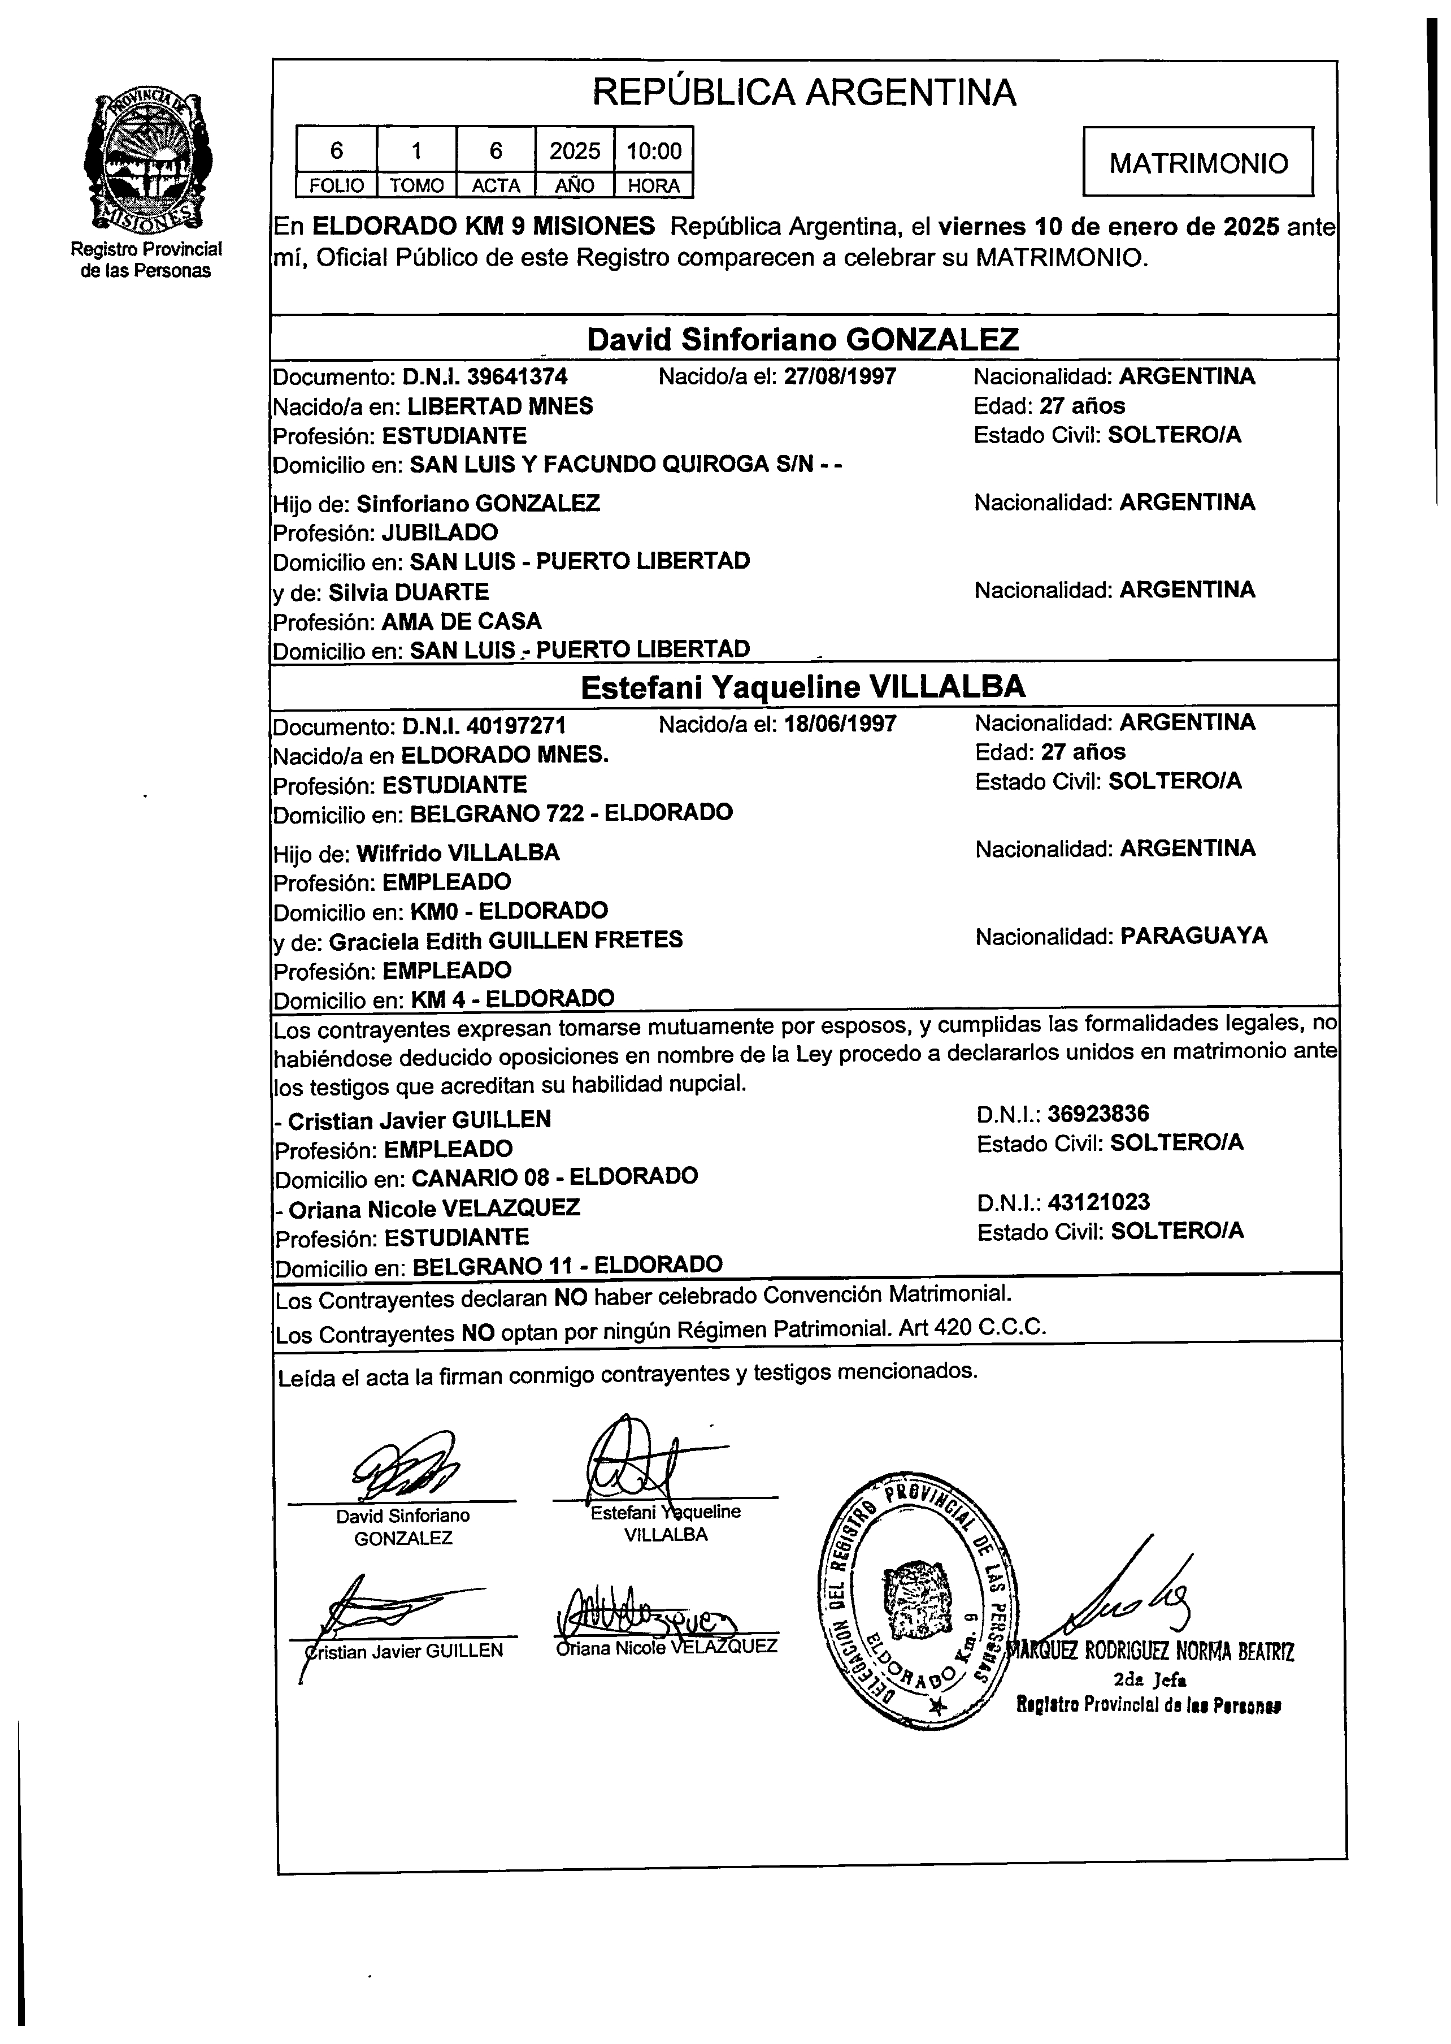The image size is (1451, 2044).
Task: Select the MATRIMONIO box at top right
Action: [x=1197, y=162]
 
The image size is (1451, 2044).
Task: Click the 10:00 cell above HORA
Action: [x=653, y=150]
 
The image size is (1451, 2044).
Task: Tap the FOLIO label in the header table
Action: [x=336, y=186]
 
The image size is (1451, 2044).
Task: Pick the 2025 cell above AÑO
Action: [x=575, y=150]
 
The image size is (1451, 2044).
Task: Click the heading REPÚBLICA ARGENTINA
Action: [x=804, y=92]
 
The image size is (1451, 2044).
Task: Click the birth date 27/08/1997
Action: [x=839, y=376]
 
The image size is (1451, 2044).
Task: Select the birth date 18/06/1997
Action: [x=839, y=724]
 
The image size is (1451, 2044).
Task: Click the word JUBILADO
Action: [x=440, y=532]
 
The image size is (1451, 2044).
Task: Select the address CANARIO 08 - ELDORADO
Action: [x=554, y=1176]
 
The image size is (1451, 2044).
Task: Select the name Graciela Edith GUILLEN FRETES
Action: [x=506, y=940]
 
